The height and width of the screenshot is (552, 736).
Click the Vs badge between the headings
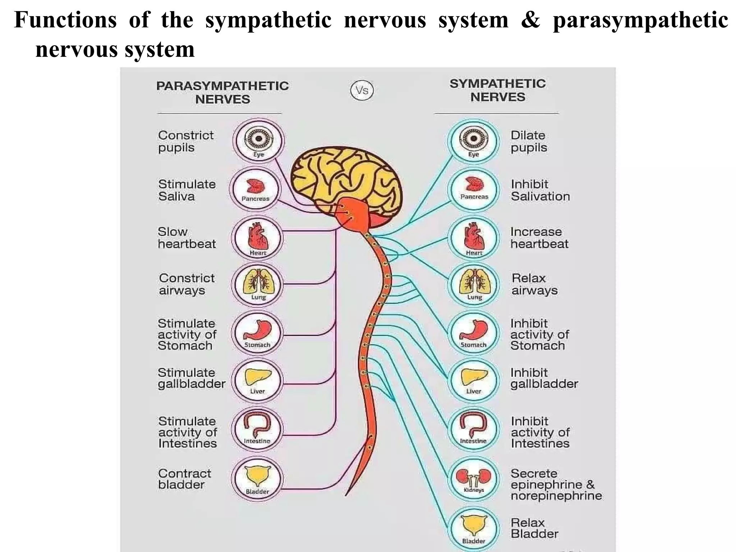click(362, 90)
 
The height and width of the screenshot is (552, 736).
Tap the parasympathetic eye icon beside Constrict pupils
click(258, 141)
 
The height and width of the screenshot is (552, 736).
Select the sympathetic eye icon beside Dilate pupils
click(474, 141)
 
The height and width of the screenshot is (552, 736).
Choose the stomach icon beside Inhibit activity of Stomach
click(474, 333)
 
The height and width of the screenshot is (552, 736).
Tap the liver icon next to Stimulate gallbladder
click(258, 380)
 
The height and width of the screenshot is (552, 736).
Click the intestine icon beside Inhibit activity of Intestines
click(473, 429)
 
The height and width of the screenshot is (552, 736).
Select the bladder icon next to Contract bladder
click(257, 479)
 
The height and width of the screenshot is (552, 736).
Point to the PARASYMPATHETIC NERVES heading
click(222, 92)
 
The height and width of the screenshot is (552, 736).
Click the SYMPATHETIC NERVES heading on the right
click(498, 90)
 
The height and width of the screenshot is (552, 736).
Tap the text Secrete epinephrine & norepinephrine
click(556, 484)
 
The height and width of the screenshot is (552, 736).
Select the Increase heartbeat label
click(539, 238)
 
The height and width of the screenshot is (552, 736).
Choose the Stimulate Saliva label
click(187, 190)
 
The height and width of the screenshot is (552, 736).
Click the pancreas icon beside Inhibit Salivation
click(474, 189)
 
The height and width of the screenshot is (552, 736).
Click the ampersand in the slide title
click(530, 20)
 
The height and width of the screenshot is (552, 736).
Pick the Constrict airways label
click(187, 284)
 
